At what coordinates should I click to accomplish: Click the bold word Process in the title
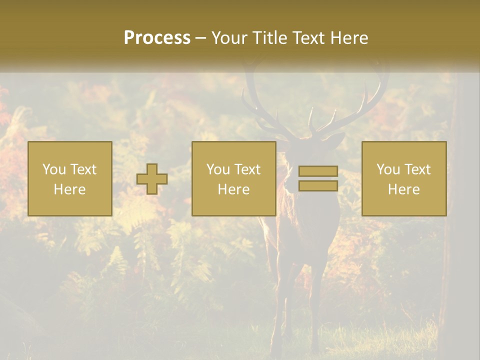point(157,38)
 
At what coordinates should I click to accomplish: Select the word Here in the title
point(348,38)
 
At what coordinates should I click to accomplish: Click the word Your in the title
point(228,38)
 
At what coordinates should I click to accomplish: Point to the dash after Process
point(201,38)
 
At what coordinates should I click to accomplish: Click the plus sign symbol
point(152,179)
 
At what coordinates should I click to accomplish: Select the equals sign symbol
point(318,178)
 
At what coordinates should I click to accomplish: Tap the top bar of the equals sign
point(318,171)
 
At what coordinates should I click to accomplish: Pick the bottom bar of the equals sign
point(318,185)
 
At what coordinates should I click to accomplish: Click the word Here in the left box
point(70,189)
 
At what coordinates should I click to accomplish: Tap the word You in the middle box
point(218,169)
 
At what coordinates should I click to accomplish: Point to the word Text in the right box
point(417,169)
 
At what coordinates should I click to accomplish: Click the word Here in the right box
point(404,189)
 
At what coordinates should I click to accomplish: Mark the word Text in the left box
point(83,169)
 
